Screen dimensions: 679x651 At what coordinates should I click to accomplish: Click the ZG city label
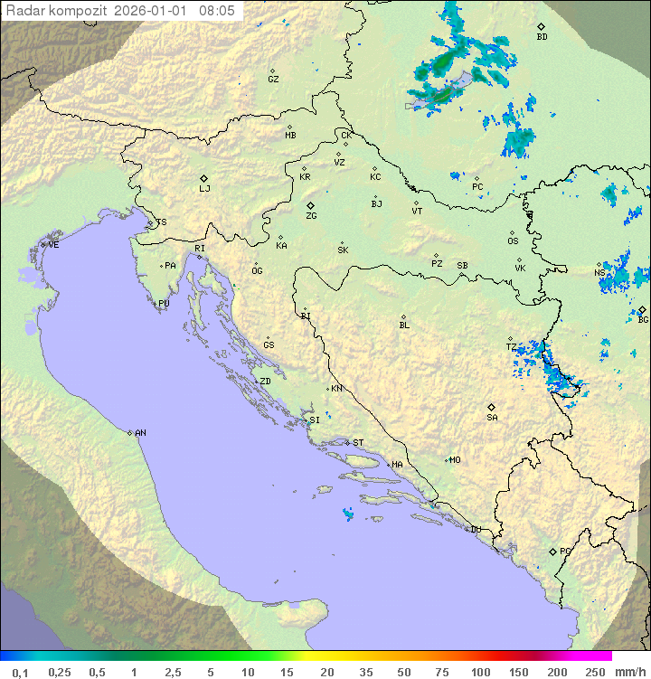(311, 216)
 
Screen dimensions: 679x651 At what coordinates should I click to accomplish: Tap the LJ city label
(204, 189)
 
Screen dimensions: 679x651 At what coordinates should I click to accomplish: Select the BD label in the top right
(542, 37)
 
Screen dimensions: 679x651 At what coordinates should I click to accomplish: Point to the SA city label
(492, 418)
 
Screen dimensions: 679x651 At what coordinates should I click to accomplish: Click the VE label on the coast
(53, 245)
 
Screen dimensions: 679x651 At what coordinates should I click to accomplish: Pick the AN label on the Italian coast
(140, 433)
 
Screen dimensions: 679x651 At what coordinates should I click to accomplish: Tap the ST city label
(358, 443)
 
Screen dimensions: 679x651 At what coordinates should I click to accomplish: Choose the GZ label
(273, 80)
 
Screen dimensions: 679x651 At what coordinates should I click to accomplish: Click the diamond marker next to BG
(642, 309)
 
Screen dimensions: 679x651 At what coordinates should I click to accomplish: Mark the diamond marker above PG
(553, 551)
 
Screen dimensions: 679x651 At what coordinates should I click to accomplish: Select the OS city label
(513, 241)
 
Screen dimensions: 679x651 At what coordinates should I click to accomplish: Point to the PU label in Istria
(164, 304)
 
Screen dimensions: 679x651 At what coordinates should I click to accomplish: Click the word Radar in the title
(23, 11)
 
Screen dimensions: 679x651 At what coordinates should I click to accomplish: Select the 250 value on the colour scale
(595, 672)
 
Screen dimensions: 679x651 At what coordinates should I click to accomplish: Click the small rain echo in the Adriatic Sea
(348, 514)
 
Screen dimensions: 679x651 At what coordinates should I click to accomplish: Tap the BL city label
(404, 325)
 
